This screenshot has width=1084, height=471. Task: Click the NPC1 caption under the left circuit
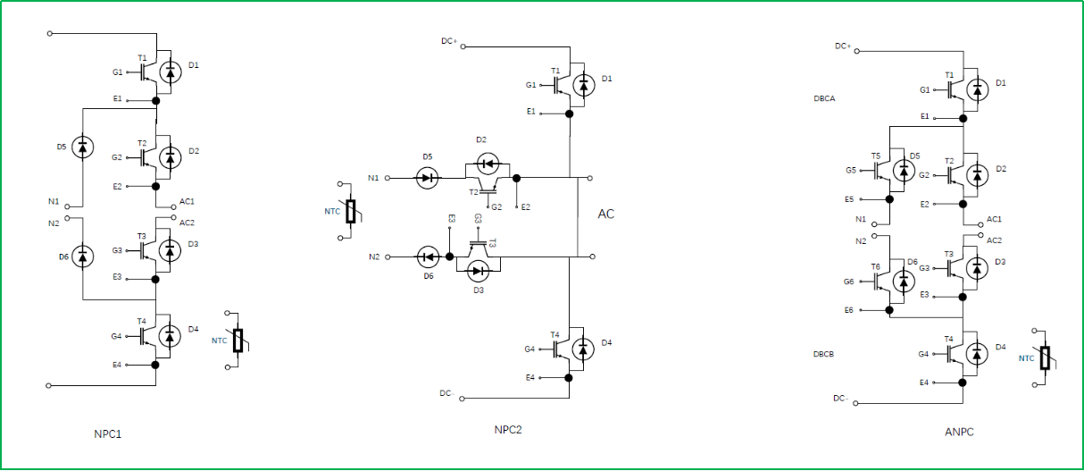[107, 434]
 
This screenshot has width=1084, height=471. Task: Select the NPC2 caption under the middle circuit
[507, 430]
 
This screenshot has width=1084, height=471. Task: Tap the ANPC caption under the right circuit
[959, 432]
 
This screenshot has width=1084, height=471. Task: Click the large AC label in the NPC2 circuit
[606, 214]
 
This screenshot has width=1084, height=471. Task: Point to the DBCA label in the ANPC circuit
[825, 98]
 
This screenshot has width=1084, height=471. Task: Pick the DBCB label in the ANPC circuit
[824, 354]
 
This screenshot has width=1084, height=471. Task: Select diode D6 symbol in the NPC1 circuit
[82, 257]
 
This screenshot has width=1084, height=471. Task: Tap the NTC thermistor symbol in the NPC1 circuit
[238, 341]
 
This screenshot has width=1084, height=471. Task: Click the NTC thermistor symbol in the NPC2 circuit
[350, 212]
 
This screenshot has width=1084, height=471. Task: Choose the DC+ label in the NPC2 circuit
[449, 41]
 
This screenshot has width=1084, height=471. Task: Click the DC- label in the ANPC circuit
[842, 398]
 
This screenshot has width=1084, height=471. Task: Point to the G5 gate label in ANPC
[850, 169]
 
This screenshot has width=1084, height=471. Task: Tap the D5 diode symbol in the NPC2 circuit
[428, 178]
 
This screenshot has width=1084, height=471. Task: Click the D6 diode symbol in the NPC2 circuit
[428, 257]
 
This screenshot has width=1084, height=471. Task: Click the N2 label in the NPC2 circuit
[373, 257]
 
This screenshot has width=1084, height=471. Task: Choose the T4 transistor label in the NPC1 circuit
[141, 321]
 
